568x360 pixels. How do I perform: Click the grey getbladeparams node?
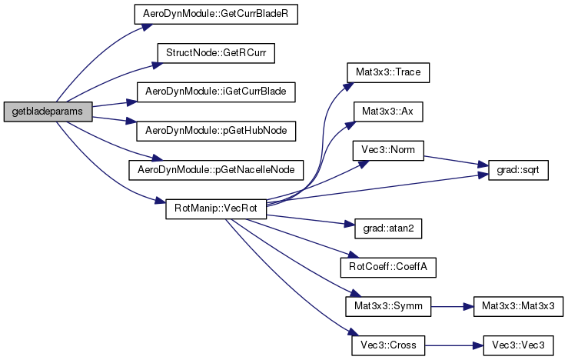pos(48,112)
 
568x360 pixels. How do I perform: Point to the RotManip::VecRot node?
pos(216,208)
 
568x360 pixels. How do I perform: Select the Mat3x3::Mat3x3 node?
pos(519,305)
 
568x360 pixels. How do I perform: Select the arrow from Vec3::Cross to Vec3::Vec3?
pos(453,344)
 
